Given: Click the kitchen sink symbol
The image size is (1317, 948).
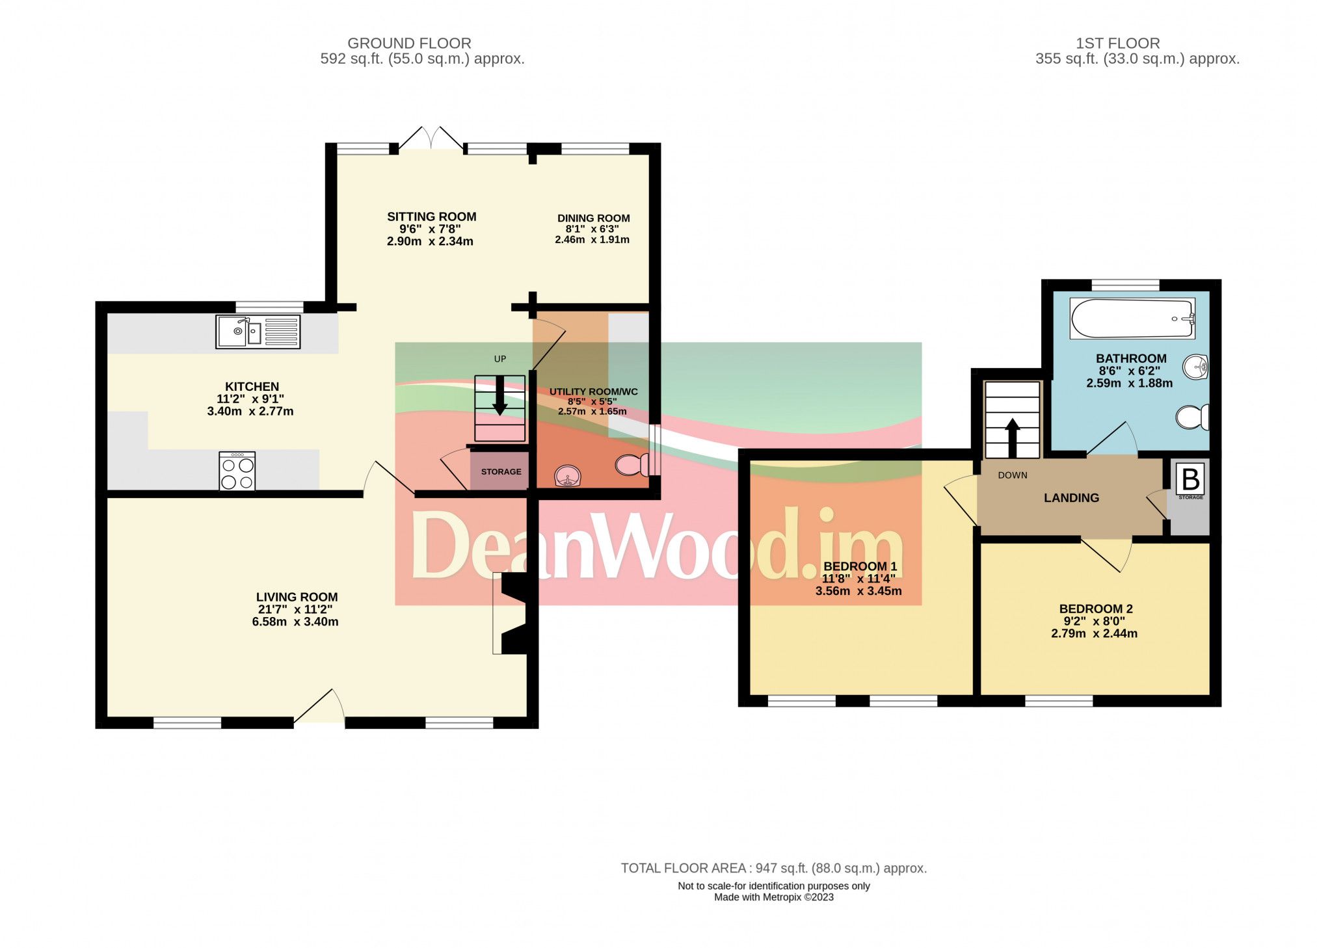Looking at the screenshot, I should (258, 332).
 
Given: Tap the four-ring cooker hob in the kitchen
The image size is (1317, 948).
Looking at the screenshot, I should (237, 471).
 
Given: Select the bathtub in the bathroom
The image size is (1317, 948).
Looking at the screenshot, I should (1132, 318).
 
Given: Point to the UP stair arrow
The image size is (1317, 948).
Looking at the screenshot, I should (499, 396).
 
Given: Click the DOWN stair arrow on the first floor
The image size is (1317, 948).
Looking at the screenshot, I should (1012, 438).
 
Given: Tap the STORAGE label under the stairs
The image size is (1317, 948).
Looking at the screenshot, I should (501, 471).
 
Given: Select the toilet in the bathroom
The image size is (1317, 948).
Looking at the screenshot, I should (1191, 417).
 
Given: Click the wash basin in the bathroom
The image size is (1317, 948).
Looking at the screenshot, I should (1195, 367).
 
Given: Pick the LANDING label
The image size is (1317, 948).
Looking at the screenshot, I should (1071, 498).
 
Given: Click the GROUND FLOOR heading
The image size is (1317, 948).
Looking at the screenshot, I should (409, 43).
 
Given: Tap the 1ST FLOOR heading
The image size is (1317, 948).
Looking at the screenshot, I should (1117, 43).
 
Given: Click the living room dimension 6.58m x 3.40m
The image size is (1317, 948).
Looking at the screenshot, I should (295, 622).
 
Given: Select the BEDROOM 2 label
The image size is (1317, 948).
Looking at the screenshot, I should (1096, 609).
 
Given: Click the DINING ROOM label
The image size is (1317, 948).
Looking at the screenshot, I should (593, 218).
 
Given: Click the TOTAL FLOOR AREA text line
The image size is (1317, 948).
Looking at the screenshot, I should (773, 868).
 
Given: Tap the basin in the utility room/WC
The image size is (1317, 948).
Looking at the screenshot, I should (567, 475).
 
